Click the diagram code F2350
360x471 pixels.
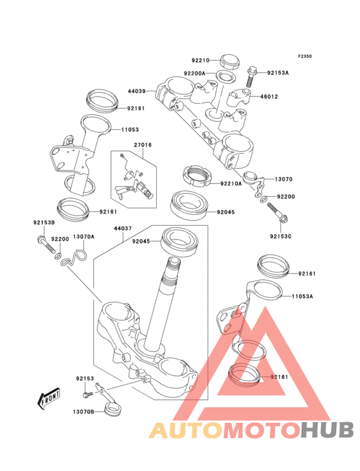click(x=305, y=56)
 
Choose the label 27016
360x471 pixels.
click(x=142, y=145)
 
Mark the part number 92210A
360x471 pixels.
click(x=230, y=183)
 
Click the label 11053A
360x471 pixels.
click(x=302, y=297)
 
